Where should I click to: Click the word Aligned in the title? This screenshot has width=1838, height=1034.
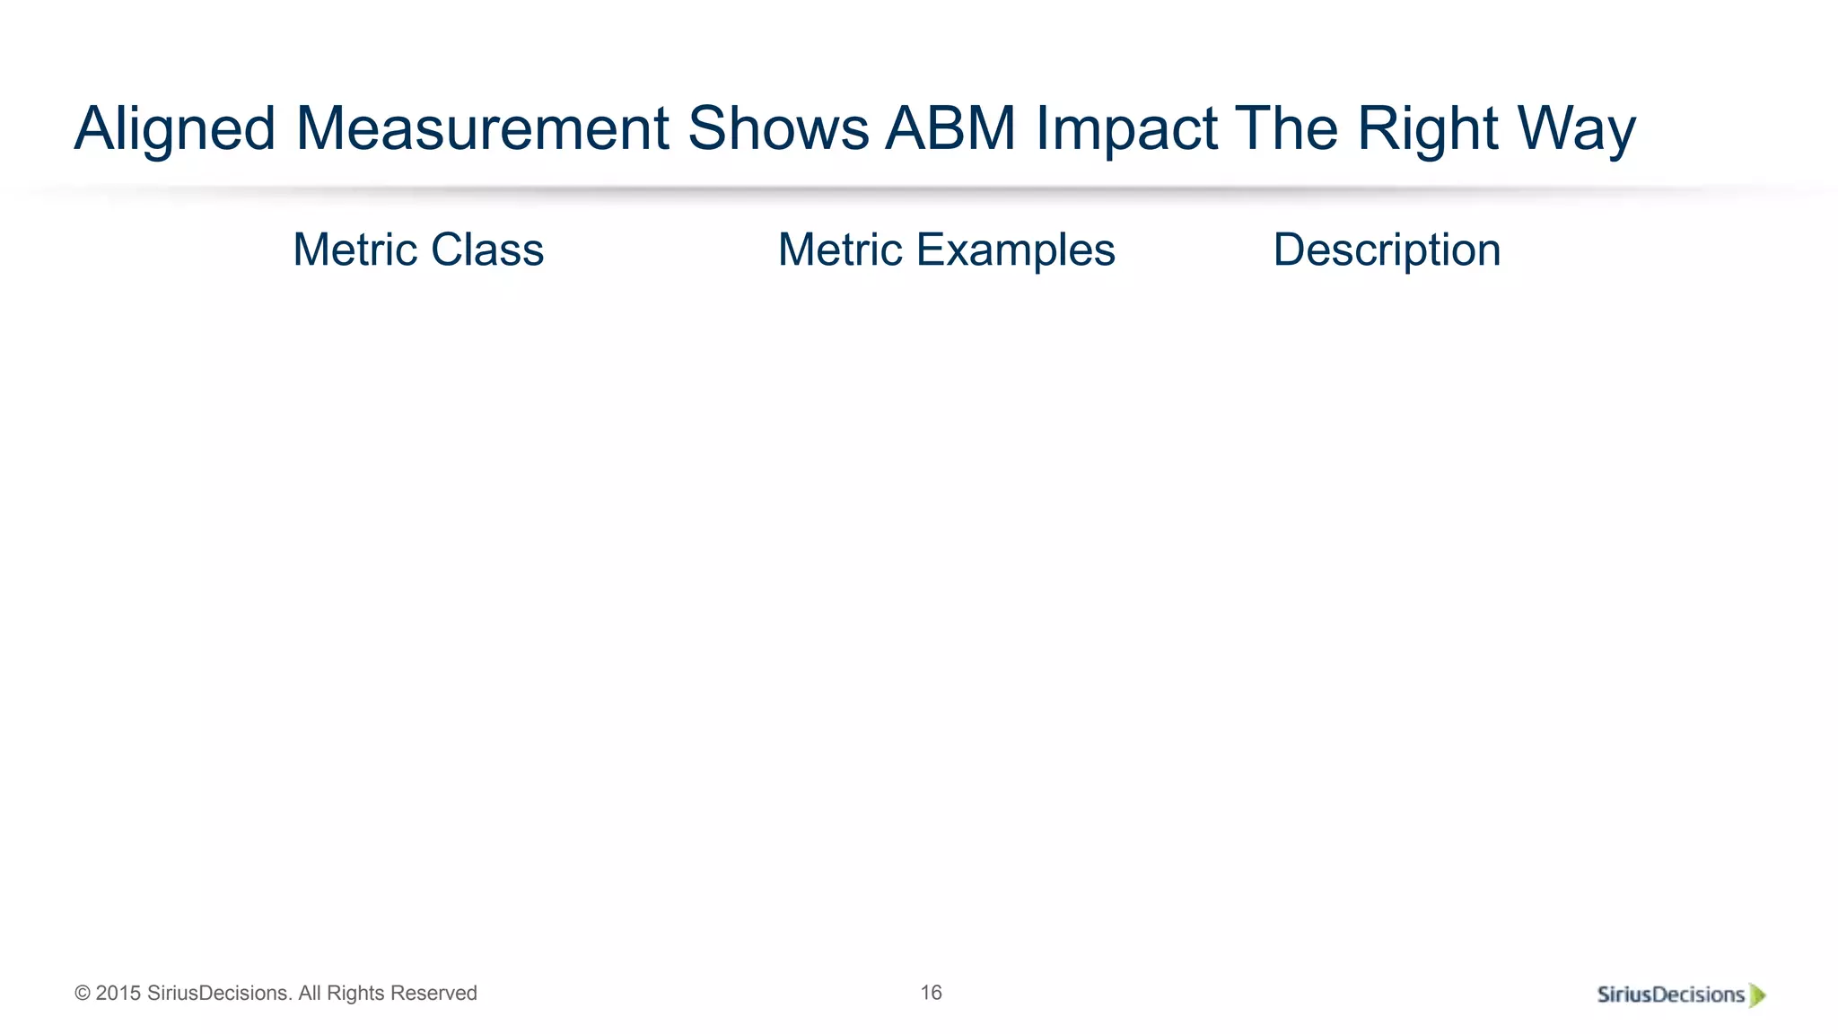(x=174, y=128)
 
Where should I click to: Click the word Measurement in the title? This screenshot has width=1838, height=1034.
(x=482, y=128)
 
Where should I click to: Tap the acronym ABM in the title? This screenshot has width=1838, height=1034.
(x=950, y=128)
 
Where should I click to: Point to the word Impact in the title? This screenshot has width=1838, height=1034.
(x=1126, y=128)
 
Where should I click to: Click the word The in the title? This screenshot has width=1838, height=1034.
(x=1286, y=128)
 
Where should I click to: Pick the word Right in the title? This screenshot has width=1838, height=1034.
(x=1427, y=128)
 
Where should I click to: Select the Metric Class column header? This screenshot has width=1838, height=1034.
(x=418, y=250)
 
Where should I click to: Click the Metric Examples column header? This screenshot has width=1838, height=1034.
(x=946, y=250)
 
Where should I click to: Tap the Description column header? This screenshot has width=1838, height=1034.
(x=1387, y=250)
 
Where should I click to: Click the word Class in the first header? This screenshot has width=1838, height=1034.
(x=487, y=250)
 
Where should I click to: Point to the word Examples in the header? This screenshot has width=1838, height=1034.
(x=1015, y=250)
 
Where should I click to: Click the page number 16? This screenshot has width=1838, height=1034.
(x=931, y=993)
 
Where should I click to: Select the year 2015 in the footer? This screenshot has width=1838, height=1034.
(x=118, y=994)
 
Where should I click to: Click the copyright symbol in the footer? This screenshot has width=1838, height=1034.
(x=83, y=994)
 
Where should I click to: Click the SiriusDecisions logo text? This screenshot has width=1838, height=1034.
(x=1670, y=995)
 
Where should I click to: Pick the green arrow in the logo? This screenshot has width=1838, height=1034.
(x=1757, y=995)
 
